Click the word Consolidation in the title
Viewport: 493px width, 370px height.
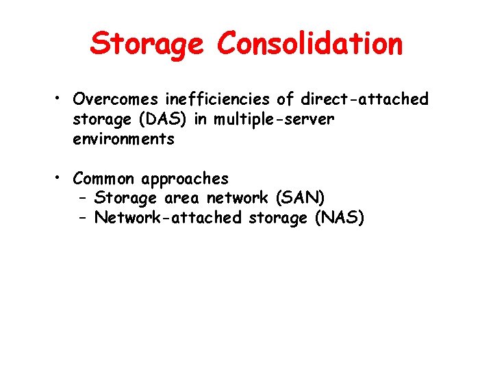coord(310,45)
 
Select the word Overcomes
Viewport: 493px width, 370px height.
coord(113,99)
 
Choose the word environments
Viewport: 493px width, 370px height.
coord(124,139)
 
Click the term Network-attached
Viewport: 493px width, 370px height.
coord(168,219)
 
